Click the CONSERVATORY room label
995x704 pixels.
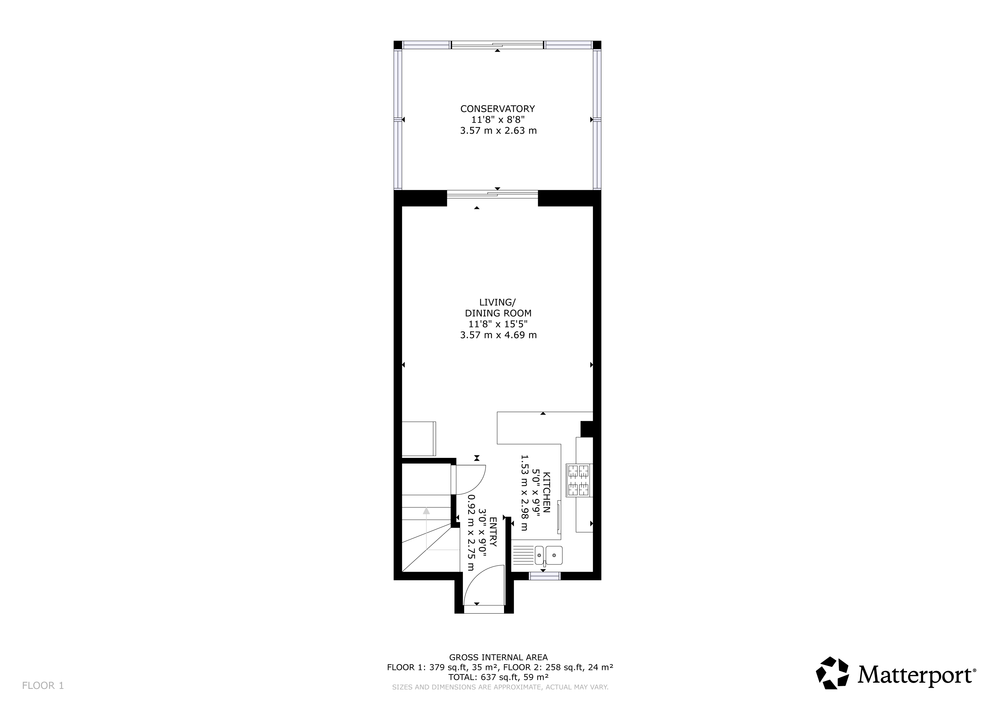point(497,109)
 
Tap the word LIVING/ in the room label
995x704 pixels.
point(497,302)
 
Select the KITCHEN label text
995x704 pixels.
point(547,493)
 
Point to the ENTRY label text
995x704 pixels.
point(493,531)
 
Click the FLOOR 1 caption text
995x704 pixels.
point(43,686)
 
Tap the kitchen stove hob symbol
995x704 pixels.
point(579,480)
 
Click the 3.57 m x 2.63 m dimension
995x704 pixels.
point(499,131)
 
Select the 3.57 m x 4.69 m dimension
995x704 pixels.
point(499,335)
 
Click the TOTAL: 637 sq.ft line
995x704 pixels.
point(499,677)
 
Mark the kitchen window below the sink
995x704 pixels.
point(545,576)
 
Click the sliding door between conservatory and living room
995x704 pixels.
point(492,194)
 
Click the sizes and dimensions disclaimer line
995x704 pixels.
point(500,687)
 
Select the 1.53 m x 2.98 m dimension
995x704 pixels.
point(524,493)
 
